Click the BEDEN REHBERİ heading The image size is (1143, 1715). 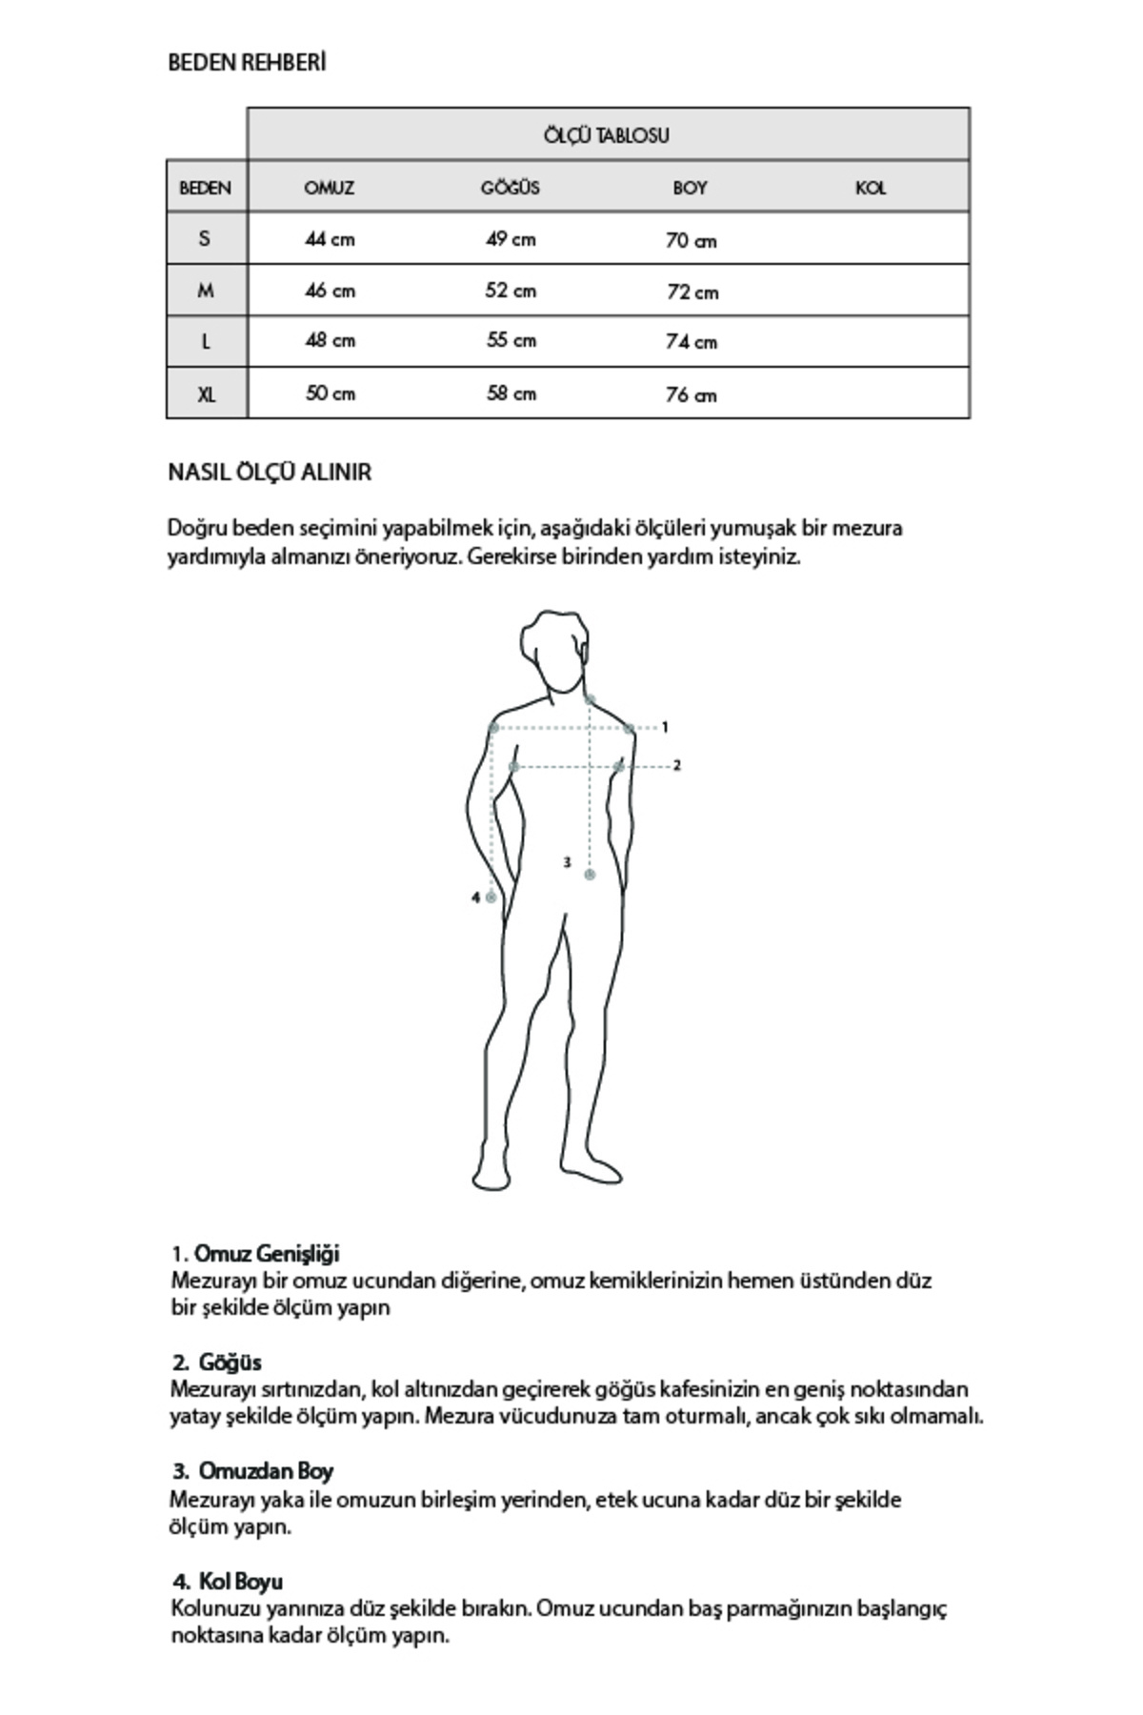pos(247,63)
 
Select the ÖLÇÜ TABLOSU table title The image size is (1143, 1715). pos(607,135)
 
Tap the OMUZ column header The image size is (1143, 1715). pos(330,188)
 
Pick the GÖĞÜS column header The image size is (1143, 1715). pos(511,188)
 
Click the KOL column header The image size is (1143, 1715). pos(871,188)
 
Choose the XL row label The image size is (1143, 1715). pos(206,393)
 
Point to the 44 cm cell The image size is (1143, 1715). pos(330,239)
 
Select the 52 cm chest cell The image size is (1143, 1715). pos(511,291)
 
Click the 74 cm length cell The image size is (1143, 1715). pos(692,341)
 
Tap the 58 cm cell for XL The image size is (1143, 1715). pos(511,393)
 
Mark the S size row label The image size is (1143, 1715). pos(205,238)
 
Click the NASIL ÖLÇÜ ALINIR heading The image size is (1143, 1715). pos(270,473)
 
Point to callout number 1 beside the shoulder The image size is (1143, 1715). pos(665,727)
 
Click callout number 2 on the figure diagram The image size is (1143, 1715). pos(677,765)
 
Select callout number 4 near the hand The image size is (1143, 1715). pos(475,898)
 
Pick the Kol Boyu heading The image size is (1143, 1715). pos(240,1582)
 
